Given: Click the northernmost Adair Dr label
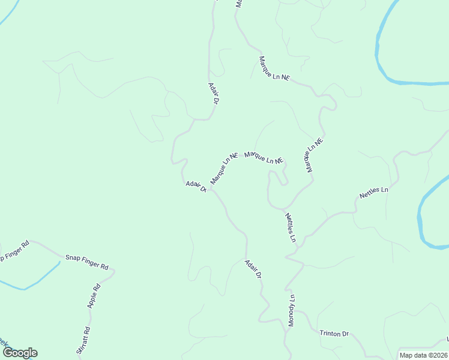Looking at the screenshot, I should click(x=212, y=93).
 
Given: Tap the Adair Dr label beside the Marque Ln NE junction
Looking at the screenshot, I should click(x=196, y=187).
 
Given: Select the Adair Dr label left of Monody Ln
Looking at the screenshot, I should click(x=253, y=268).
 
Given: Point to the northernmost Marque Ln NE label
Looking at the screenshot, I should click(x=274, y=69).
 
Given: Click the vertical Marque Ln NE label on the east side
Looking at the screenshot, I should click(x=314, y=156).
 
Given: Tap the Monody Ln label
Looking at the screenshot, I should click(x=292, y=310).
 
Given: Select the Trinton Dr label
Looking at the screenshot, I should click(x=334, y=334).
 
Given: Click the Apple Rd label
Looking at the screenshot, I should click(x=94, y=295).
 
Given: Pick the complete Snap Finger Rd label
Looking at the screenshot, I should click(x=86, y=262).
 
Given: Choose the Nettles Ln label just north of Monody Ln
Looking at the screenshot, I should click(x=291, y=227).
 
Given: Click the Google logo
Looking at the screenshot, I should click(x=20, y=353).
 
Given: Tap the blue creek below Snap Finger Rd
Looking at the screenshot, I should click(x=36, y=282).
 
